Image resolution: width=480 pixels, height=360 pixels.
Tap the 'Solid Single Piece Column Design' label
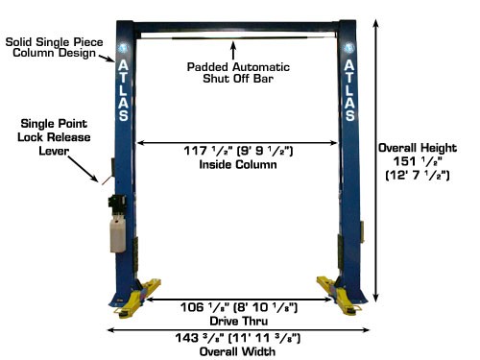pyautogui.click(x=50, y=48)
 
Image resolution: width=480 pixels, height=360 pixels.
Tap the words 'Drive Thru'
pyautogui.click(x=237, y=322)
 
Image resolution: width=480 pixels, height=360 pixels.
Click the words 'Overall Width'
pyautogui.click(x=237, y=351)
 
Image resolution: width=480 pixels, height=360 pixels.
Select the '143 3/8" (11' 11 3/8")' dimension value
pyautogui.click(x=237, y=339)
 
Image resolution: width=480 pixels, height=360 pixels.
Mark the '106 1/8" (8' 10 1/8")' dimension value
pyautogui.click(x=237, y=308)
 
